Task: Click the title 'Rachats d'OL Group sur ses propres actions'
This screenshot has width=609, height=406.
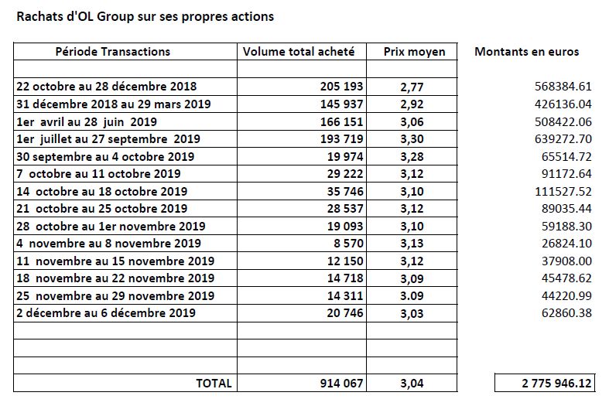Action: click(145, 17)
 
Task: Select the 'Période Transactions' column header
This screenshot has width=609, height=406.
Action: click(113, 52)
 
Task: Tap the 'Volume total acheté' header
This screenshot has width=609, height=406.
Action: click(299, 52)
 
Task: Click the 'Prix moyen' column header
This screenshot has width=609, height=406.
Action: click(415, 52)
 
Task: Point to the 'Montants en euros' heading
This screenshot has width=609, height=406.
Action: click(527, 52)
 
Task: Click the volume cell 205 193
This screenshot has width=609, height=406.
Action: click(341, 86)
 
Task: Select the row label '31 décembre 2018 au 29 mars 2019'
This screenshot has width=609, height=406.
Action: click(114, 104)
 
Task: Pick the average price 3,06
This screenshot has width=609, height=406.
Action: click(412, 122)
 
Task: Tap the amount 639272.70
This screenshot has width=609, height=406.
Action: click(563, 139)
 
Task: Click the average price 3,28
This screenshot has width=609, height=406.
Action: click(412, 157)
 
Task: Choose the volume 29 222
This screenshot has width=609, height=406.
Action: click(345, 173)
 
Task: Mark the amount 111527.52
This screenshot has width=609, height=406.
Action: click(563, 191)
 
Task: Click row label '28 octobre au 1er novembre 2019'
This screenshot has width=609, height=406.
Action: click(111, 227)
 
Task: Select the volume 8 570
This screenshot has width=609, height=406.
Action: click(348, 244)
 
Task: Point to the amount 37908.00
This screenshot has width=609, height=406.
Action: click(566, 261)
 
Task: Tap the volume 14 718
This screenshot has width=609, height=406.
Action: click(345, 278)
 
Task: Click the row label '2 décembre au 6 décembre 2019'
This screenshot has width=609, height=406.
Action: click(106, 313)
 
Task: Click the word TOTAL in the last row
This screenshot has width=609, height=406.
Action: click(214, 384)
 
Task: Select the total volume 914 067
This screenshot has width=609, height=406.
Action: click(341, 384)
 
